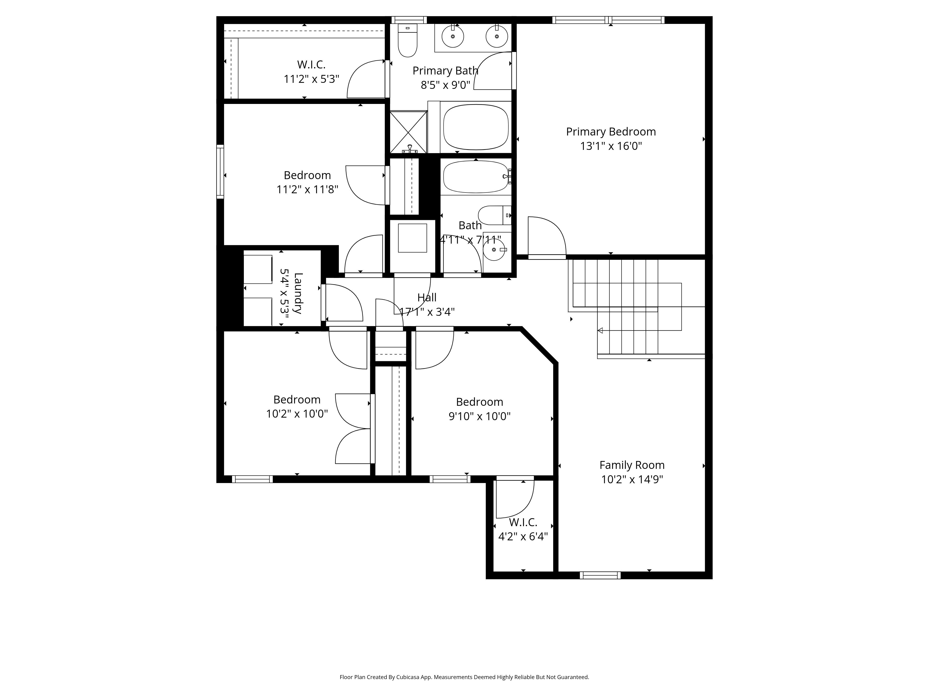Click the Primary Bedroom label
pyautogui.click(x=611, y=132)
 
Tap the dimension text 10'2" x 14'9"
pyautogui.click(x=632, y=480)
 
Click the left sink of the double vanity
pyautogui.click(x=453, y=36)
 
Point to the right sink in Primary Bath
pyautogui.click(x=497, y=36)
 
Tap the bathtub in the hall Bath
pyautogui.click(x=476, y=177)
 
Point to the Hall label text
pyautogui.click(x=427, y=297)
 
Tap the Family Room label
pyautogui.click(x=632, y=465)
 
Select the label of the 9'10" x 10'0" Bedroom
pyautogui.click(x=479, y=402)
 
